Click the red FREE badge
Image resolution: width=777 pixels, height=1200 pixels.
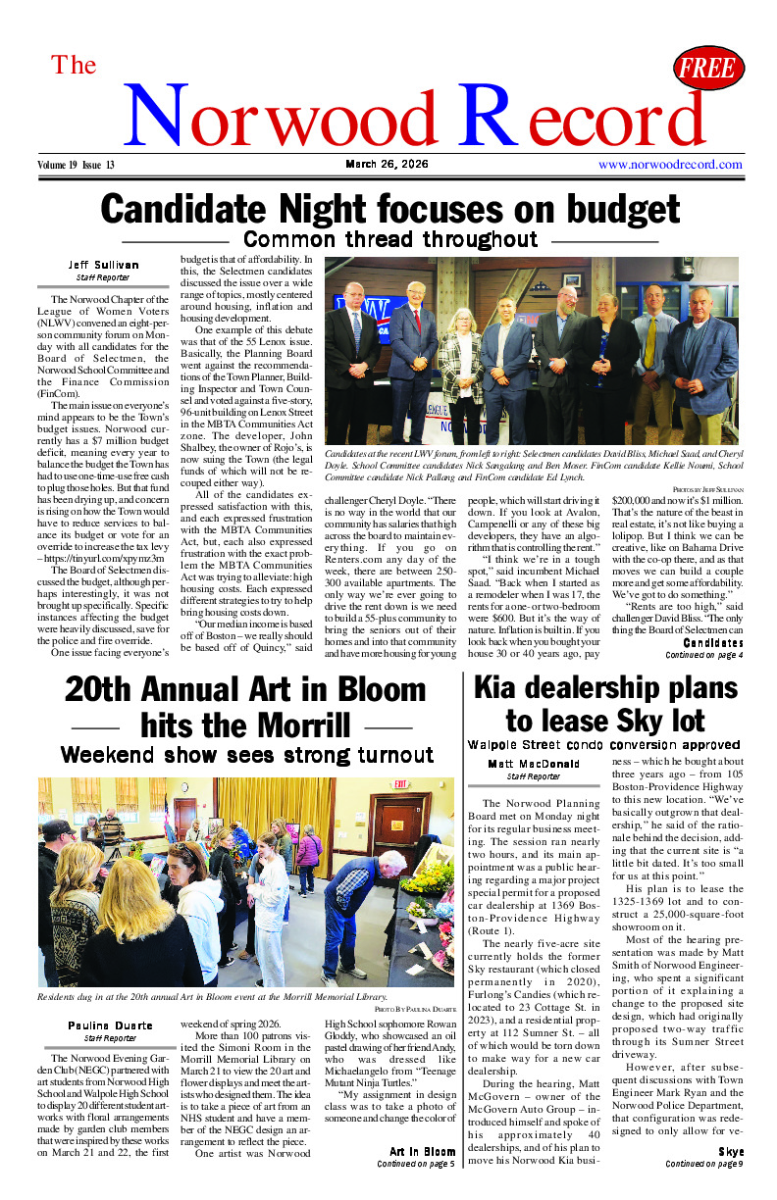(708, 68)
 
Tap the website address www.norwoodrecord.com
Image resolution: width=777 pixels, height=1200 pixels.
(670, 165)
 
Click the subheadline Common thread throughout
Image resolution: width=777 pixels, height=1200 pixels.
(389, 239)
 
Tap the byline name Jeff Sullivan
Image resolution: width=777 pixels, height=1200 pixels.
(103, 265)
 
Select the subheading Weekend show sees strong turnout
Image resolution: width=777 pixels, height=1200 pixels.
(246, 755)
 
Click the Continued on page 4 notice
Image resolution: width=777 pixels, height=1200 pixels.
(703, 655)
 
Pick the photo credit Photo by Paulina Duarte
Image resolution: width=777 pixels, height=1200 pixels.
(413, 1009)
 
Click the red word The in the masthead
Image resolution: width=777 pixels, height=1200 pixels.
(74, 66)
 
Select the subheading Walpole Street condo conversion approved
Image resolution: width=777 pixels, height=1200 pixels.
(603, 745)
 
